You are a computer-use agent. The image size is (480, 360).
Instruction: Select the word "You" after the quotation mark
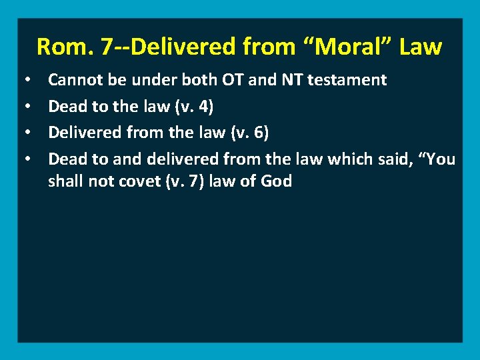440,158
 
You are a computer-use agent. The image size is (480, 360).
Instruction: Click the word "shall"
64,181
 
